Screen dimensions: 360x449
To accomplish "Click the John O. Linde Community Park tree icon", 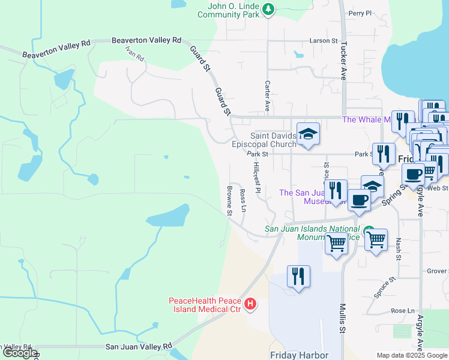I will [x=268, y=9].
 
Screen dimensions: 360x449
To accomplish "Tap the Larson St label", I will [x=324, y=41].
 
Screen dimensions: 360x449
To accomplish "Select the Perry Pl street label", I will [x=360, y=13].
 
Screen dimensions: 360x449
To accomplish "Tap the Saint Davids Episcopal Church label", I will [x=265, y=140].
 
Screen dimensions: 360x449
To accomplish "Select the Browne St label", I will [x=229, y=200].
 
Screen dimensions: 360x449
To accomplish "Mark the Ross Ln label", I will [x=243, y=202].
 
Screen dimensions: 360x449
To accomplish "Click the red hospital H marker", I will [x=251, y=305].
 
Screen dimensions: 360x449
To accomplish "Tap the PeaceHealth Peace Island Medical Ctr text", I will [x=204, y=305].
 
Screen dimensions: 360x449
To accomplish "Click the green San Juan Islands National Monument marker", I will [x=368, y=231].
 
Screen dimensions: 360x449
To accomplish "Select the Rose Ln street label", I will [x=403, y=311].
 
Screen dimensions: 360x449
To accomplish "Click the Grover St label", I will [x=437, y=271].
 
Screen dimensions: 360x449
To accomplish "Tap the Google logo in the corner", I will [x=19, y=353].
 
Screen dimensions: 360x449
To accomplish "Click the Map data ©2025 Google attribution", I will [x=411, y=355].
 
